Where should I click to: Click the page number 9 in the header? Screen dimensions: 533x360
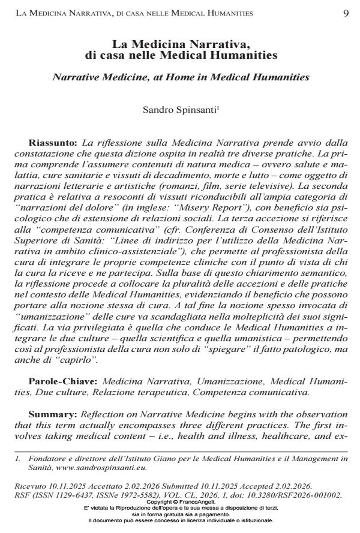click(x=346, y=13)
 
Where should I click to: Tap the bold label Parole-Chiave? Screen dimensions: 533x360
click(x=64, y=381)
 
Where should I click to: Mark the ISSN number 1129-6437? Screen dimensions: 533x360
click(x=70, y=495)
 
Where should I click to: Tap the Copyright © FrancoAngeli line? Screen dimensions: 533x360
click(x=180, y=501)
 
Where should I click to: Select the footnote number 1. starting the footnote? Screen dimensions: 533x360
click(x=18, y=458)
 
